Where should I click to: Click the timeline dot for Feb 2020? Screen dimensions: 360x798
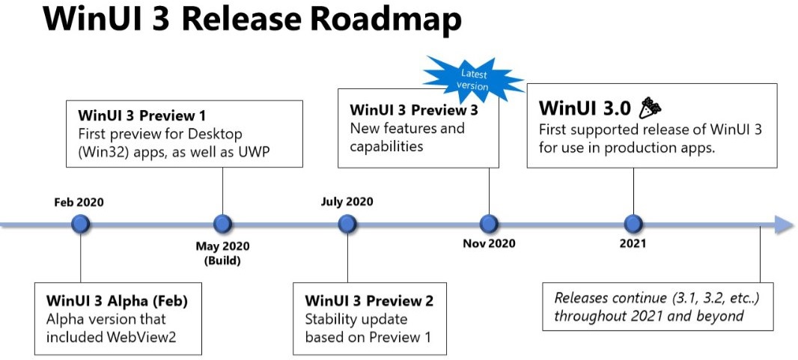click(81, 224)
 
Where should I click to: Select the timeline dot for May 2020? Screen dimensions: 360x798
click(222, 224)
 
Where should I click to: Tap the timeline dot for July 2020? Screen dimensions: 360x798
click(347, 224)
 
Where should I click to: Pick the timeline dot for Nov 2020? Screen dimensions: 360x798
click(489, 224)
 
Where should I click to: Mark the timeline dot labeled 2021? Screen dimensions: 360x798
click(633, 224)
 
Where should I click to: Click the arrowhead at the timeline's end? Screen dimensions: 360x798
click(783, 225)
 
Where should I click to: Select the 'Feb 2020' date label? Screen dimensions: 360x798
click(79, 202)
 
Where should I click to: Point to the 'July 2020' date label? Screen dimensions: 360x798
click(347, 201)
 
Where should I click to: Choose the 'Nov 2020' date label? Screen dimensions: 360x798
click(489, 243)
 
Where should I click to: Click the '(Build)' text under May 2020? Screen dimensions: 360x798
click(222, 260)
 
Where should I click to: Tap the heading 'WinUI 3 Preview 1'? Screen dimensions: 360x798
click(141, 117)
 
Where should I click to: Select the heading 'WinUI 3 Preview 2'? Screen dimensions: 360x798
click(369, 301)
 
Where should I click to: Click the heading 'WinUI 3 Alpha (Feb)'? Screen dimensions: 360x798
click(117, 301)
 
